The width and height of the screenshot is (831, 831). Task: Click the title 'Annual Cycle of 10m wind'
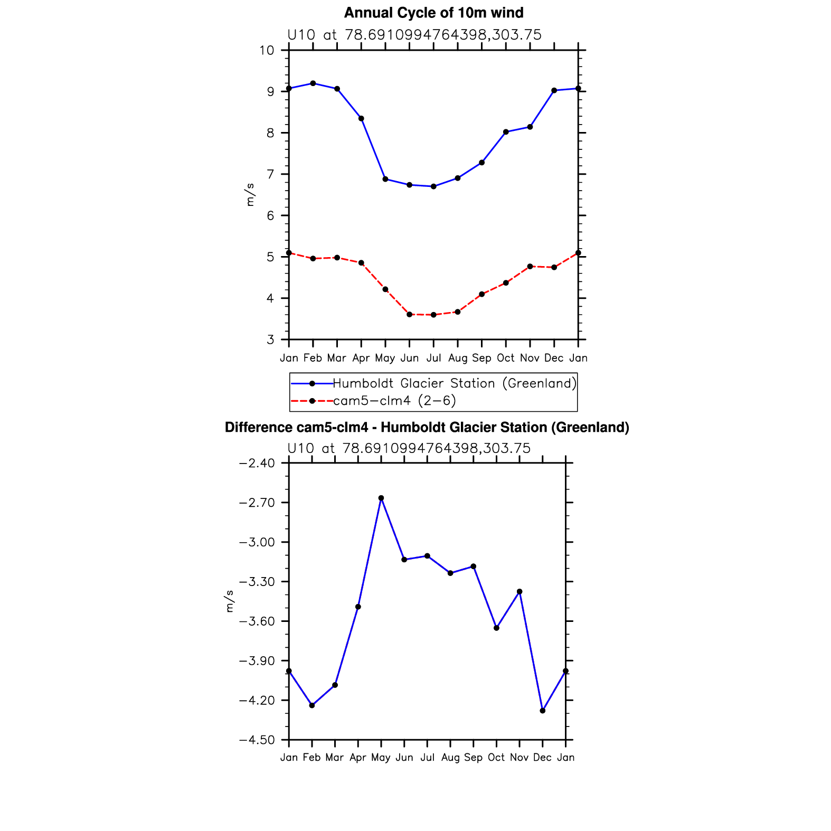(433, 13)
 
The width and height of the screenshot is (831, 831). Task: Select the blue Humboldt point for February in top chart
(313, 83)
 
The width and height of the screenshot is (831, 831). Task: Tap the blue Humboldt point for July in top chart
(433, 186)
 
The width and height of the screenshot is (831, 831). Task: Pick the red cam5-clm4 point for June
(409, 315)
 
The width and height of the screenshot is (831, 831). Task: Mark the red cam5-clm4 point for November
(530, 267)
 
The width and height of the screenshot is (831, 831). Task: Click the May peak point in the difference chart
(381, 498)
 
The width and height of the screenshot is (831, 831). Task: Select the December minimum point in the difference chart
(543, 711)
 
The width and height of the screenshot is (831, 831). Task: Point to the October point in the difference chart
(496, 628)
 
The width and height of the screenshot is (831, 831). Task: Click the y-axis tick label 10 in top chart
(267, 50)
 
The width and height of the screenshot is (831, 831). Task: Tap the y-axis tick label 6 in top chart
(270, 215)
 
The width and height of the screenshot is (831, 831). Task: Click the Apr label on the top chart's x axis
(361, 358)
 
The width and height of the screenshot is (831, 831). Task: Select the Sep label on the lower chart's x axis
(473, 758)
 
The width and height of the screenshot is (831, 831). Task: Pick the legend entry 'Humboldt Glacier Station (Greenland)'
(455, 383)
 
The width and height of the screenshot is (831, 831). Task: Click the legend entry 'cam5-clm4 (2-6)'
(394, 401)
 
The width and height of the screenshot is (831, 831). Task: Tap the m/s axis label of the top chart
(250, 195)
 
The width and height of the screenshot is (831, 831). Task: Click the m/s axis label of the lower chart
(229, 601)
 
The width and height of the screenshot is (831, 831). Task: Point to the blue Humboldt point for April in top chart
(361, 118)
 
